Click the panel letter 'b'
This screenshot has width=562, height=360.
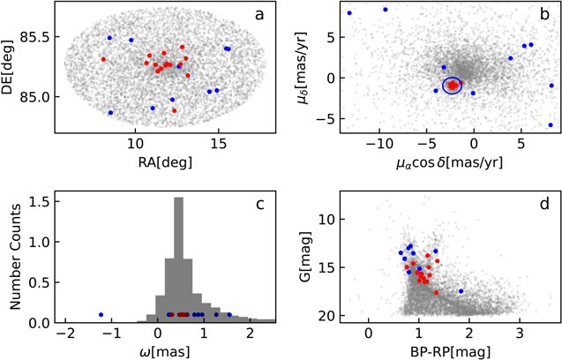(x=544, y=15)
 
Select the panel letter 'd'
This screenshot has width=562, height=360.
(x=544, y=205)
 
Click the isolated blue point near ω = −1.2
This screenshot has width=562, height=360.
(x=101, y=314)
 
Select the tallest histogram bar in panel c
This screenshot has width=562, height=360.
(x=179, y=265)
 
